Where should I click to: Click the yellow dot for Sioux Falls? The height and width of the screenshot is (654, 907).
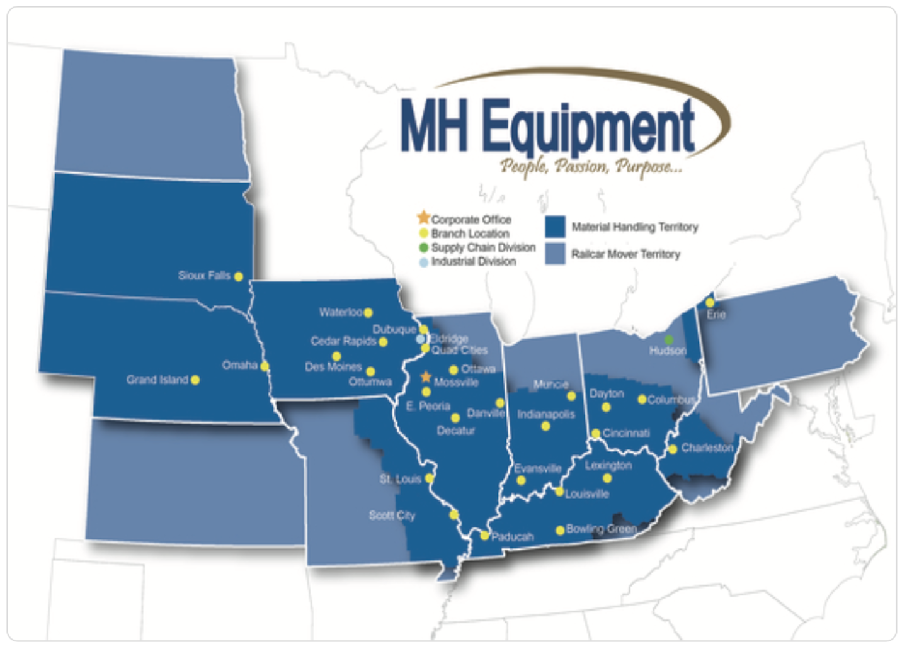[239, 276]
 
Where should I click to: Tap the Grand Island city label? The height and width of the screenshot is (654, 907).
[157, 380]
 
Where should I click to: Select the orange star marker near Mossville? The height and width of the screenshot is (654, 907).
[426, 377]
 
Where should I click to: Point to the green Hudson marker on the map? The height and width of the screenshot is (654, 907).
[669, 341]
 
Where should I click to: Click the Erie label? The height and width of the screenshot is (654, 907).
[716, 314]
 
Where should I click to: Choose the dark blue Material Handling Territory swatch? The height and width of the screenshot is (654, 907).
[555, 227]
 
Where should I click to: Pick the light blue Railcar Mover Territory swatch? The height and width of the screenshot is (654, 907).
[555, 254]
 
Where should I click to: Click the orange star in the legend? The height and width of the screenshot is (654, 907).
[423, 218]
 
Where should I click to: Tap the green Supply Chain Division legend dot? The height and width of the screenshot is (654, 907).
[424, 247]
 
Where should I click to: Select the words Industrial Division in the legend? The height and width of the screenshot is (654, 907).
[473, 261]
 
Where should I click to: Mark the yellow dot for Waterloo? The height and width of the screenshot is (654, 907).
[368, 312]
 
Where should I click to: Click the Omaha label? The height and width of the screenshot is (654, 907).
[239, 365]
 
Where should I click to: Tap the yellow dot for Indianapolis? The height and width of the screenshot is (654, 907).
[545, 426]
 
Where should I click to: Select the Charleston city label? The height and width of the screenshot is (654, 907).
[707, 448]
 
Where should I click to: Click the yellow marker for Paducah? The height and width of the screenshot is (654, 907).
[484, 536]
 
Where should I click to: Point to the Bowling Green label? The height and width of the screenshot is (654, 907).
[601, 529]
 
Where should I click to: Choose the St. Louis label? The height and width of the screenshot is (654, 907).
[400, 479]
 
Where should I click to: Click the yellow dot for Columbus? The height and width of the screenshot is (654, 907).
[642, 399]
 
